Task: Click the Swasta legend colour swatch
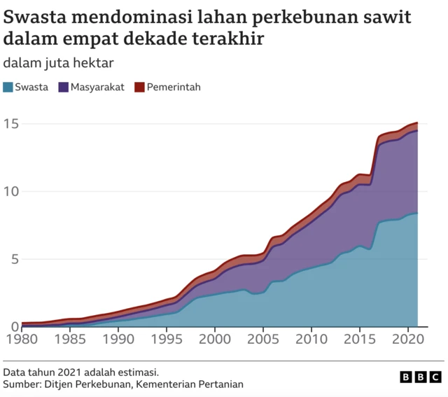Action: tap(8, 88)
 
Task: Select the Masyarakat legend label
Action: tap(97, 88)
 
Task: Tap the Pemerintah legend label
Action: tap(174, 88)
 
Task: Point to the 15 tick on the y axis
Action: tap(10, 125)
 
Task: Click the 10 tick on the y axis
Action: tap(10, 192)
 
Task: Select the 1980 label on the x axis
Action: tap(22, 340)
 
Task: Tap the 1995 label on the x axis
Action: tap(167, 340)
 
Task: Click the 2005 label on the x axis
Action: tap(263, 340)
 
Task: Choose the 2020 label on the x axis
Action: tap(407, 340)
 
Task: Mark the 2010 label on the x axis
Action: tap(311, 340)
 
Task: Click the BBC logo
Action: tap(421, 377)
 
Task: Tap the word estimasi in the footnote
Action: tap(146, 372)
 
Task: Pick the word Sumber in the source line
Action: tap(21, 384)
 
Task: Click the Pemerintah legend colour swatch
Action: tap(139, 88)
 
